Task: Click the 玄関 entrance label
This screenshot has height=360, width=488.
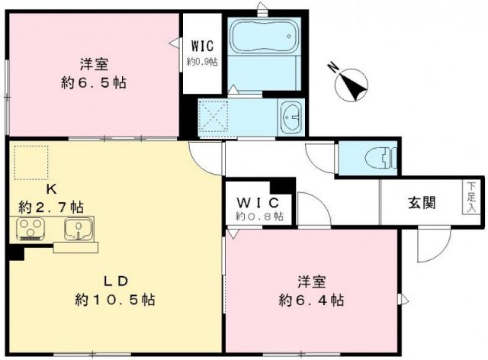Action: tap(421, 204)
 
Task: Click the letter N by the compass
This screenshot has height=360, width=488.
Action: tap(332, 67)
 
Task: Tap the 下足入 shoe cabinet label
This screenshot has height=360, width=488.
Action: tap(471, 197)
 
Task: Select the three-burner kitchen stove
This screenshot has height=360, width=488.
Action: tap(31, 228)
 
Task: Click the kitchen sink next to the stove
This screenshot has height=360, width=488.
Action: tap(79, 228)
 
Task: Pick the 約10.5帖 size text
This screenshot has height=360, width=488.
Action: tap(115, 300)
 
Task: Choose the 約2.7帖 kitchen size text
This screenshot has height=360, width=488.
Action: tap(52, 207)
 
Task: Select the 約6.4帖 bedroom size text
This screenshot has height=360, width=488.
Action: tap(311, 298)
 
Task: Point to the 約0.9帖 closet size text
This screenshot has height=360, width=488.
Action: tap(203, 62)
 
